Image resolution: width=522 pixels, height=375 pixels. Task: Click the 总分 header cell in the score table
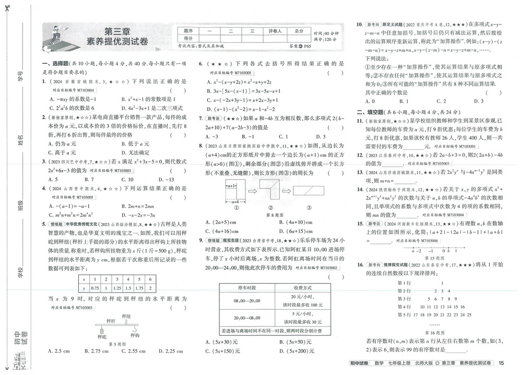(299, 31)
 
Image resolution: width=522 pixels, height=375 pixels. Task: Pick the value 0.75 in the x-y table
(94, 287)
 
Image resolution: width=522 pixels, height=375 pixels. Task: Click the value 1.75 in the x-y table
(139, 287)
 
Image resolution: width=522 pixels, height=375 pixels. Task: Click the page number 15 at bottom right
(502, 364)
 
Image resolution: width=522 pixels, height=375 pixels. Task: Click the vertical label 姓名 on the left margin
(20, 140)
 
